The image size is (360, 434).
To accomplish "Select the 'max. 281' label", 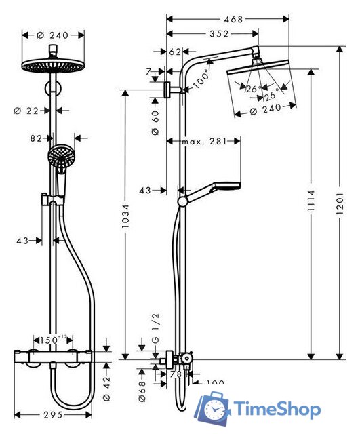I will click(x=205, y=141).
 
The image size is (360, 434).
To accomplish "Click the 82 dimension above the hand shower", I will click(x=36, y=138).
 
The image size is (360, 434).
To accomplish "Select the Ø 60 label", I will click(x=155, y=121).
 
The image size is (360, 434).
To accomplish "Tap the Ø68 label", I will click(x=143, y=388).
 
